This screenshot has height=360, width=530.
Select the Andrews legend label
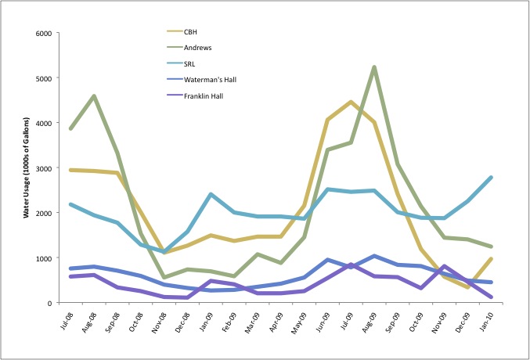[x=199, y=47]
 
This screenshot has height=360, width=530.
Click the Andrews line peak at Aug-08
[x=94, y=96]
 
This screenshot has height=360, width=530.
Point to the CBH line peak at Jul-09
[x=351, y=103]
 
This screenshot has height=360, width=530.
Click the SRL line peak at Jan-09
[x=211, y=194]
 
